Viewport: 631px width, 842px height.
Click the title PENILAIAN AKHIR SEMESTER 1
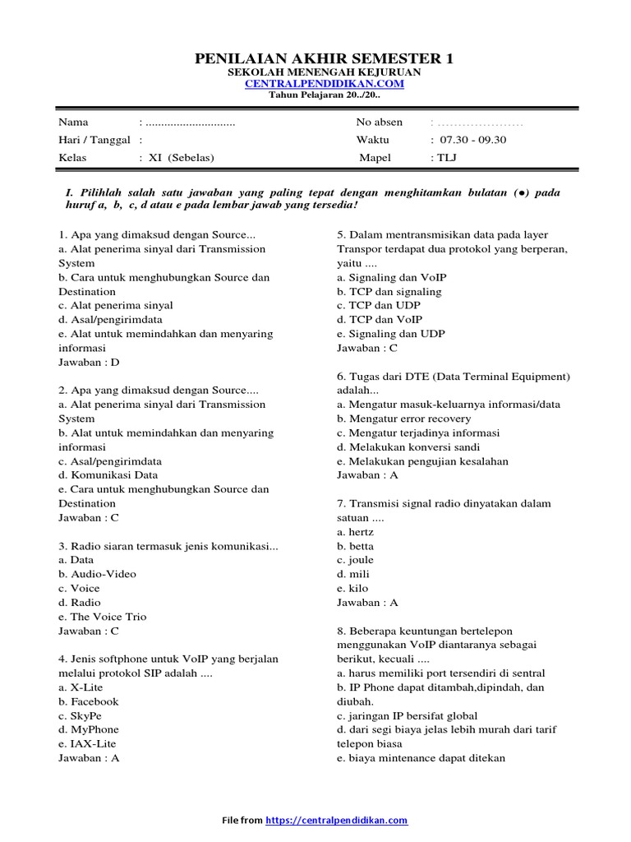(323, 58)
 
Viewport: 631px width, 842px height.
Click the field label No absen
(380, 123)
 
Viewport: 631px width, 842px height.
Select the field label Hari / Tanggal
(94, 140)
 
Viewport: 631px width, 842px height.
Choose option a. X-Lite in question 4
(81, 687)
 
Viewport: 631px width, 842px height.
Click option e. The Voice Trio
(102, 617)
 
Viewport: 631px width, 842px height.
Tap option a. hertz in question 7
(355, 532)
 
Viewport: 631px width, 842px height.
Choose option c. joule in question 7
(355, 560)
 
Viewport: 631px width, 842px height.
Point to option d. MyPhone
(89, 729)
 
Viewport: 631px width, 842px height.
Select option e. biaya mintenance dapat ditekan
(421, 758)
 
